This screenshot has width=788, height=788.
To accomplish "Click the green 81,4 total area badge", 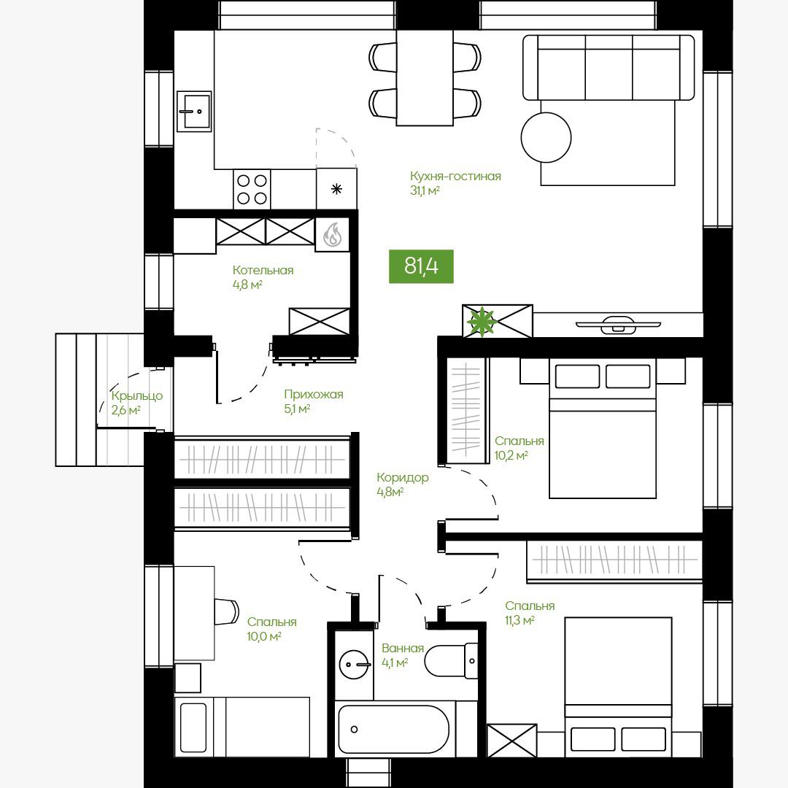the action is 421,266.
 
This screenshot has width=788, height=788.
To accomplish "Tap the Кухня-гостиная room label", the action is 455,177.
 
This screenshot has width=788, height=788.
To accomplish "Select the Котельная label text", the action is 263,271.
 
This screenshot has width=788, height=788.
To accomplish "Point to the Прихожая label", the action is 314,395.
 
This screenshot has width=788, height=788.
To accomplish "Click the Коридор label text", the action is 403,477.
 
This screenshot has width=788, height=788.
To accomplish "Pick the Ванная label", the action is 403,649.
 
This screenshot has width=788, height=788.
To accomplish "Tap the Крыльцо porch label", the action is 137,396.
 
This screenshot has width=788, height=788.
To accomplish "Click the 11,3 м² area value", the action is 519,621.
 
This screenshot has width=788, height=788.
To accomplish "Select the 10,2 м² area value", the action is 511,456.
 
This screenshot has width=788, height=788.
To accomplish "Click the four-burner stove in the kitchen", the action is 252,190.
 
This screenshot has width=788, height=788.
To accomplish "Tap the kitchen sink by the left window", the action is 194,112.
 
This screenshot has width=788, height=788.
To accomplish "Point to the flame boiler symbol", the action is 332,233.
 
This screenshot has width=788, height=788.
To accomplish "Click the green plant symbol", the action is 481,321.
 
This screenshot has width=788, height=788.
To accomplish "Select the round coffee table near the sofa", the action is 546,137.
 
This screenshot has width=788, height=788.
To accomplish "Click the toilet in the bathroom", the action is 451,661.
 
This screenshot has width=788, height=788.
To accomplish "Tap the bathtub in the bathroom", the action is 393,729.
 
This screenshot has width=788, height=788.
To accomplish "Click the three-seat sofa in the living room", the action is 609,67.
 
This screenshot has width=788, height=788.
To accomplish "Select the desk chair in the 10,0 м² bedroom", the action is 225,611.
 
